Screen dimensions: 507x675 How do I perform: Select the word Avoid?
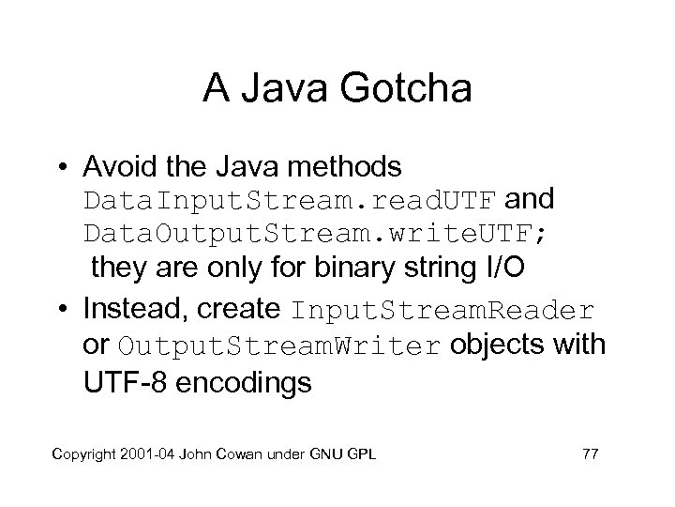pyautogui.click(x=115, y=168)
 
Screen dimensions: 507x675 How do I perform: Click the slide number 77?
pyautogui.click(x=590, y=455)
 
